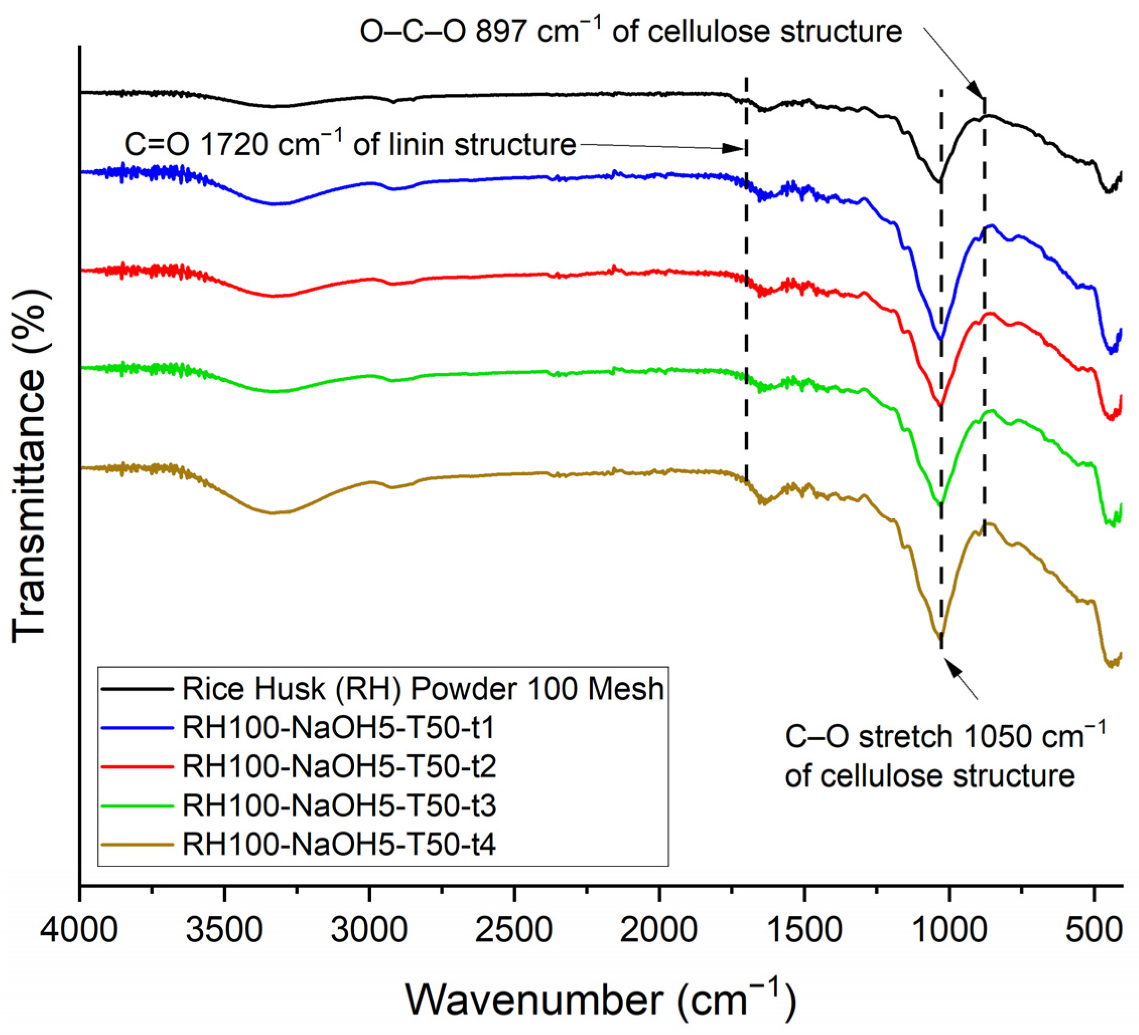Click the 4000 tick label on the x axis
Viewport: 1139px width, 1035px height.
pyautogui.click(x=79, y=930)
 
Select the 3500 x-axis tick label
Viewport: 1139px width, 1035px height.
pyautogui.click(x=224, y=930)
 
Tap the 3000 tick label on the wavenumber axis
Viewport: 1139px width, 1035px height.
pyautogui.click(x=369, y=930)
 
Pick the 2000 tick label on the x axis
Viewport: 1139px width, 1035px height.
pyautogui.click(x=659, y=930)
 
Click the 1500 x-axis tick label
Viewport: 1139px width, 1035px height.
pyautogui.click(x=804, y=930)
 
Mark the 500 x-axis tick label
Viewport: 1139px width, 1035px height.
pyautogui.click(x=1094, y=930)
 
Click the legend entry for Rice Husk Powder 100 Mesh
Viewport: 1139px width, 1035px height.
pyautogui.click(x=423, y=688)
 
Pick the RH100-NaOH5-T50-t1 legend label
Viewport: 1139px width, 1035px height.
pyautogui.click(x=339, y=728)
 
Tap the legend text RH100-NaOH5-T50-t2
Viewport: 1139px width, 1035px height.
pyautogui.click(x=339, y=766)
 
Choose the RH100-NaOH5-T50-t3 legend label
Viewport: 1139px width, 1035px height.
pyautogui.click(x=339, y=806)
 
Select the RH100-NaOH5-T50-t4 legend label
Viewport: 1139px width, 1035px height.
pyautogui.click(x=339, y=845)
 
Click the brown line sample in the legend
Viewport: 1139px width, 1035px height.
pyautogui.click(x=138, y=845)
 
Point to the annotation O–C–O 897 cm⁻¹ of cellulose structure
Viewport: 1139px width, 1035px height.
pyautogui.click(x=631, y=32)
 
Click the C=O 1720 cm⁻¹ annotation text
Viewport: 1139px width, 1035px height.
pyautogui.click(x=350, y=145)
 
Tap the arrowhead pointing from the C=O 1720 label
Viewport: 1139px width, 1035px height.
pyautogui.click(x=734, y=149)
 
